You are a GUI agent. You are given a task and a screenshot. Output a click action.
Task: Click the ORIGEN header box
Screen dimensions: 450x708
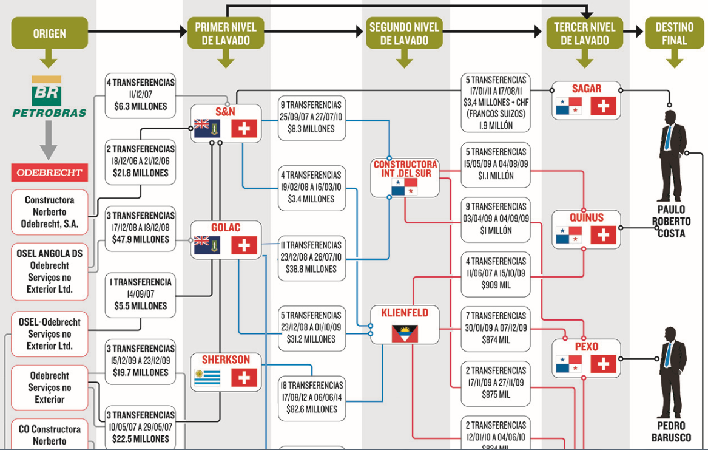[x=49, y=33]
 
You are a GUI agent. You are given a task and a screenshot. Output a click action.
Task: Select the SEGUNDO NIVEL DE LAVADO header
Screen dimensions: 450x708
[x=405, y=33]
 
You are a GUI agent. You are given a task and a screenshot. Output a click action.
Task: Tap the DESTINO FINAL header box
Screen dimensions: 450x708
[x=674, y=33]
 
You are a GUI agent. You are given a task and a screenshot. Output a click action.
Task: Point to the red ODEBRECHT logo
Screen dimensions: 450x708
[x=49, y=172]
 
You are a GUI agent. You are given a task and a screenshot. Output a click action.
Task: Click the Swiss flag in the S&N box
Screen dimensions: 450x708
[x=244, y=129]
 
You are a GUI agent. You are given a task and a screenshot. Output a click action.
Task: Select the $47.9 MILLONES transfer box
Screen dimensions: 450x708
[x=141, y=228]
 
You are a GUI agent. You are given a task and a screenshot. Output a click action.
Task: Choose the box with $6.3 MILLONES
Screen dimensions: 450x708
[x=140, y=94]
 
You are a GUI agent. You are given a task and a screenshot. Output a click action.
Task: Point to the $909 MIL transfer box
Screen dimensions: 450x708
[x=496, y=272]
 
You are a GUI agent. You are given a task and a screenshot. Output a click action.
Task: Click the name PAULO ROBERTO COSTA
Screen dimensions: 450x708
[x=671, y=221]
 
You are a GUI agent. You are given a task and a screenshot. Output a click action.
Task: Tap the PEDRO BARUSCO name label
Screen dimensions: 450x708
[x=671, y=432]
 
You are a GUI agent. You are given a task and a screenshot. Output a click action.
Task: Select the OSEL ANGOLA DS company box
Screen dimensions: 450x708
[x=50, y=271]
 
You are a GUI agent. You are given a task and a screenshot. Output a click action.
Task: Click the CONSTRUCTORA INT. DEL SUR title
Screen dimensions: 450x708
[x=405, y=169]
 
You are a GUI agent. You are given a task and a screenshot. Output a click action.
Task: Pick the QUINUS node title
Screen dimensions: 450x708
[x=587, y=218]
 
